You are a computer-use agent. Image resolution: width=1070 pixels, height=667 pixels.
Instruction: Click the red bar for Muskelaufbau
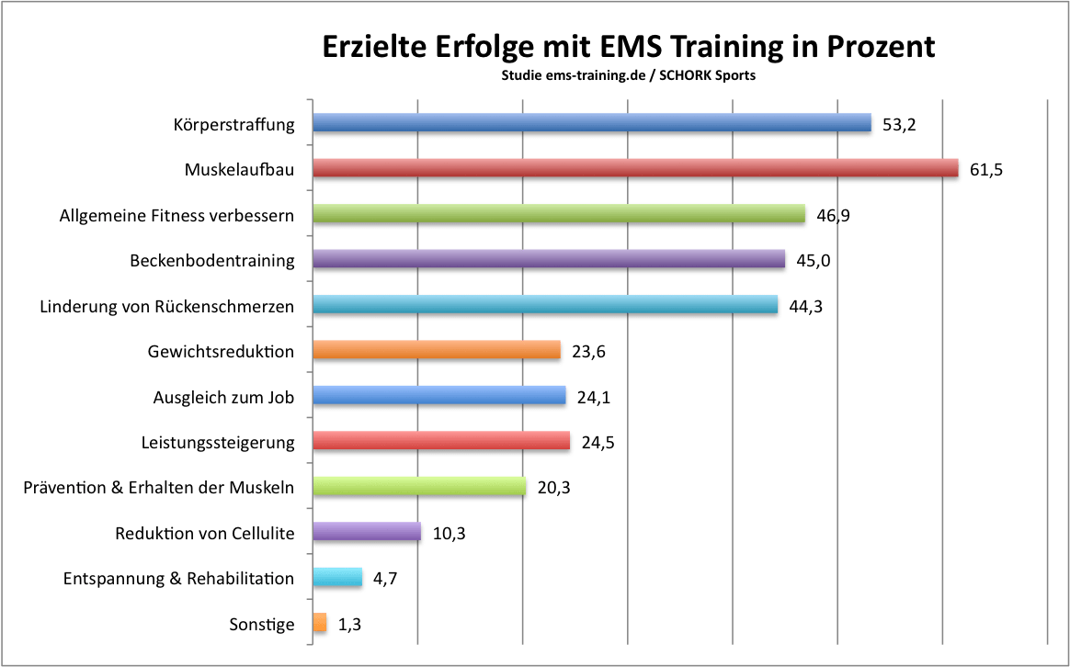click(634, 169)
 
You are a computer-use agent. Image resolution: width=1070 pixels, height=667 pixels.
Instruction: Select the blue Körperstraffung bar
click(591, 123)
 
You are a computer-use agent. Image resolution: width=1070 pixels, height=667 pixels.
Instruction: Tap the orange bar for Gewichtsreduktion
click(437, 350)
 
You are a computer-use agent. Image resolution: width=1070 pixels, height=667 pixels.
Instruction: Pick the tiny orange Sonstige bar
click(320, 624)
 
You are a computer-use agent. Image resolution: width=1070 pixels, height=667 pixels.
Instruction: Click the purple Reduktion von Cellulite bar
click(367, 532)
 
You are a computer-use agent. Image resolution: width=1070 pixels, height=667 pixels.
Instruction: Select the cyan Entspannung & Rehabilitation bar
click(338, 578)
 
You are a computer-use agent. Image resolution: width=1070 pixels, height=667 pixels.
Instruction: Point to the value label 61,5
click(985, 170)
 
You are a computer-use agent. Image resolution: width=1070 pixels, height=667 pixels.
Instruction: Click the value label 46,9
click(833, 216)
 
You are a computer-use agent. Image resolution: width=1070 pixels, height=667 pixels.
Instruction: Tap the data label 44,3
click(805, 307)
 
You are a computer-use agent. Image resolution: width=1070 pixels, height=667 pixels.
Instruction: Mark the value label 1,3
click(350, 625)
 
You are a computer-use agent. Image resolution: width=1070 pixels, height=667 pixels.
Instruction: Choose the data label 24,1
click(593, 398)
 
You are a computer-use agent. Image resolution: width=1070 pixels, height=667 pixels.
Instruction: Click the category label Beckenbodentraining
click(212, 261)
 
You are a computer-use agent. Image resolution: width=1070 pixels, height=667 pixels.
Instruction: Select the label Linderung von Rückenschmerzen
click(167, 307)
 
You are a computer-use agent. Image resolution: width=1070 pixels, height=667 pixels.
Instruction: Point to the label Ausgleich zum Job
click(223, 398)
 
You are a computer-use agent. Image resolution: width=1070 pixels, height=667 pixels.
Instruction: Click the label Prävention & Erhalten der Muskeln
click(158, 488)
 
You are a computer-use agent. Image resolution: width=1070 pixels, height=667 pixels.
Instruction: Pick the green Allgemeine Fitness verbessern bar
click(558, 215)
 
